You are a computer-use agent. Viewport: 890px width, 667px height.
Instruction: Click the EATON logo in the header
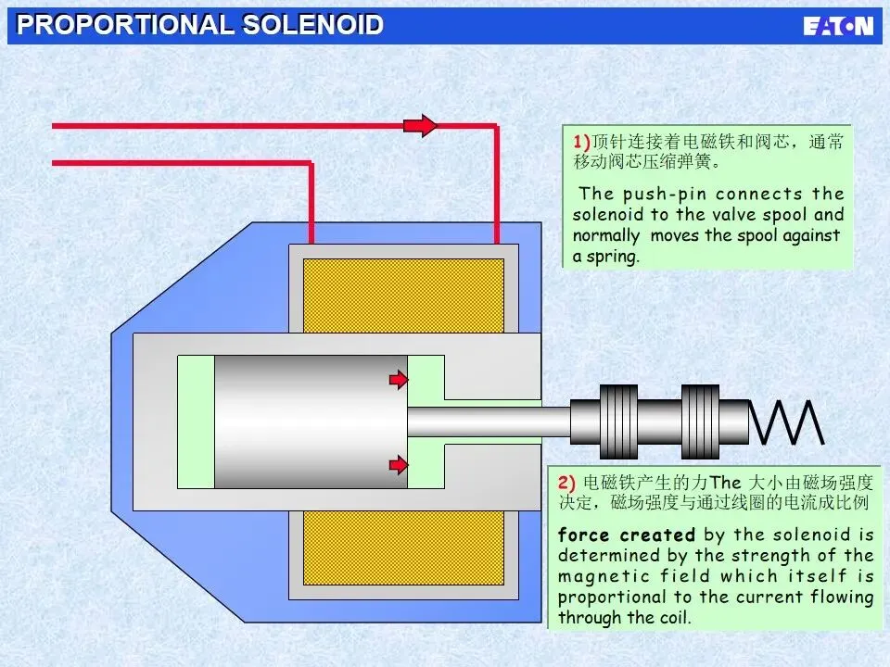click(x=838, y=25)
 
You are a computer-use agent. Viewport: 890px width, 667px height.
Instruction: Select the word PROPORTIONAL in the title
click(x=126, y=25)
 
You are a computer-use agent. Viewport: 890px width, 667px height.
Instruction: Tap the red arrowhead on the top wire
click(x=423, y=125)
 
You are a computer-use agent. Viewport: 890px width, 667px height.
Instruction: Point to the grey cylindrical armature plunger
click(x=311, y=422)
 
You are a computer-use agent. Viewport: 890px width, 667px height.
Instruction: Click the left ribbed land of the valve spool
click(x=618, y=422)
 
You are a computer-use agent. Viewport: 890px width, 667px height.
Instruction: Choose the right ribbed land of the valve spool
click(x=701, y=422)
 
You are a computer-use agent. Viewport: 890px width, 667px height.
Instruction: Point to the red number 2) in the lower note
click(x=566, y=483)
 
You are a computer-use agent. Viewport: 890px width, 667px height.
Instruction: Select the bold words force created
click(x=626, y=535)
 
